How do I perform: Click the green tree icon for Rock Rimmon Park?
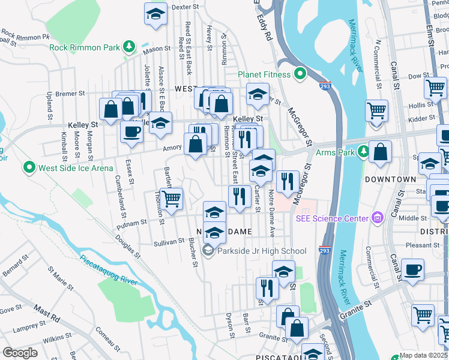128,47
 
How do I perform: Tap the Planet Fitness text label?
264,74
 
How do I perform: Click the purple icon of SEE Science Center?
378,217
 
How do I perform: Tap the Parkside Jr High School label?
262,251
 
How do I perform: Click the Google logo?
20,353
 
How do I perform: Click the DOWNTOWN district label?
391,179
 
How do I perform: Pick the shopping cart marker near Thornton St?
172,199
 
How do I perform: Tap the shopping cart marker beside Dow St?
435,88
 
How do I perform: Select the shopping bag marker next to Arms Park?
380,152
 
